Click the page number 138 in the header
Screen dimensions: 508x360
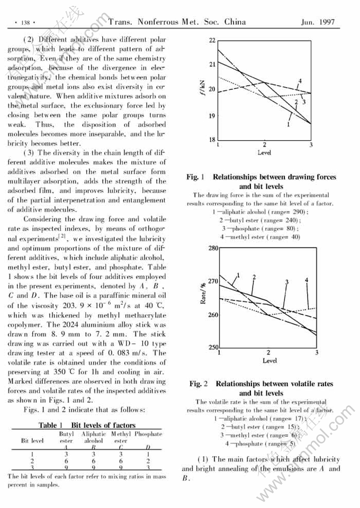(x=24, y=23)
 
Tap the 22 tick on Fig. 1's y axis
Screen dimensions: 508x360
(x=212, y=40)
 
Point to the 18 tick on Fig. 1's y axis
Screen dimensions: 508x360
(x=212, y=140)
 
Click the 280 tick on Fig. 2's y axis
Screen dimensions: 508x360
(x=212, y=248)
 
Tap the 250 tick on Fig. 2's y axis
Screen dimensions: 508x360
(x=212, y=348)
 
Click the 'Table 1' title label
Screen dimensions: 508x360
(x=51, y=425)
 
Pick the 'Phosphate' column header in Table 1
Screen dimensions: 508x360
(x=148, y=434)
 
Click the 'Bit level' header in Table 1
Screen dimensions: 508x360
(x=32, y=440)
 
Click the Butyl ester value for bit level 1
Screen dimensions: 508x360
(x=66, y=453)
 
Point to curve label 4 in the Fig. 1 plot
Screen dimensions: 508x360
(x=300, y=81)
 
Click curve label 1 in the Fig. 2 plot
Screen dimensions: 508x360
(x=238, y=275)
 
